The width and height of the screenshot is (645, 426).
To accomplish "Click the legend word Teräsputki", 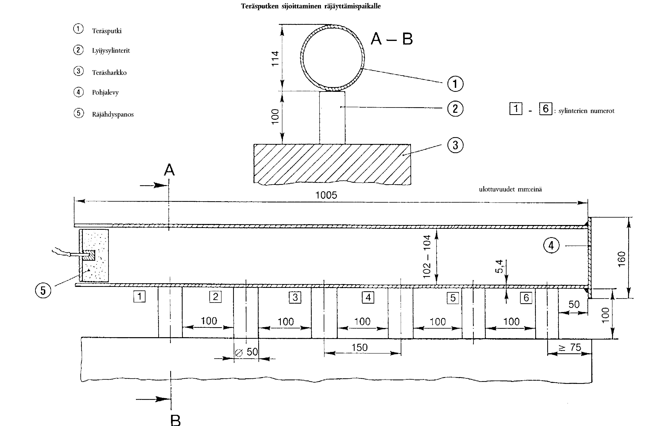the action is click(107, 31).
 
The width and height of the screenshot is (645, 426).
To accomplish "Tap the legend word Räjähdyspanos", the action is click(113, 114).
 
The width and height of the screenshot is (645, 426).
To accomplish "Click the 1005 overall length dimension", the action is click(326, 195).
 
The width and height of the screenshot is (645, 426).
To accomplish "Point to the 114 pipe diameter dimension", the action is click(275, 58).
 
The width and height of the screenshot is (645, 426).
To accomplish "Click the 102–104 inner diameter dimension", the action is click(427, 257).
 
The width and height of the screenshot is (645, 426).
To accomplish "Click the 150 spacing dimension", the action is click(360, 348).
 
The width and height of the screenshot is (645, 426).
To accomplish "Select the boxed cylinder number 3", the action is click(295, 297).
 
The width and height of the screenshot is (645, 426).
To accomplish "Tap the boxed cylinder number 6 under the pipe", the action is click(526, 298).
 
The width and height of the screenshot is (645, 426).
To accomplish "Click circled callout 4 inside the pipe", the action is click(551, 246).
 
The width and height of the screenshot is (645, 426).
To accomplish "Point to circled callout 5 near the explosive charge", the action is click(43, 290).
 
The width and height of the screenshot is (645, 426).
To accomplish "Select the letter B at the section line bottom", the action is click(176, 420).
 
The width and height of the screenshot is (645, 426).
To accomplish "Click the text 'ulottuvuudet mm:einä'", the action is click(510, 189).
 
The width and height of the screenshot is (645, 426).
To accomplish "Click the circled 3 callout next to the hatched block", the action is click(455, 145).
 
